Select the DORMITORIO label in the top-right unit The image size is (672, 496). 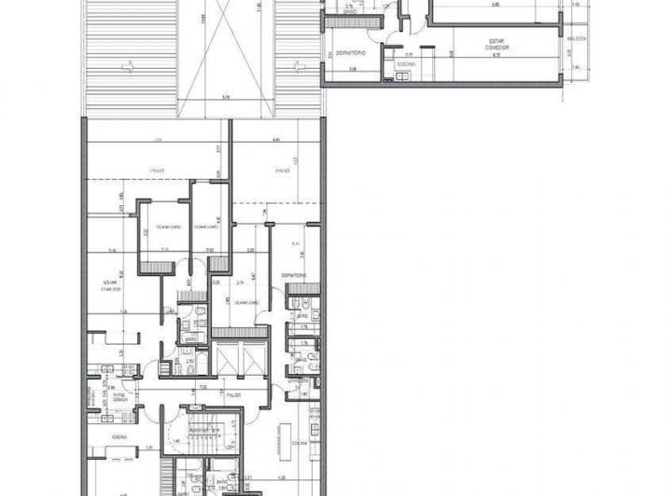[x=352, y=52]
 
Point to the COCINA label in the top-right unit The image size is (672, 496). [x=406, y=64]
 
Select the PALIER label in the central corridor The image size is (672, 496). [x=231, y=395]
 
